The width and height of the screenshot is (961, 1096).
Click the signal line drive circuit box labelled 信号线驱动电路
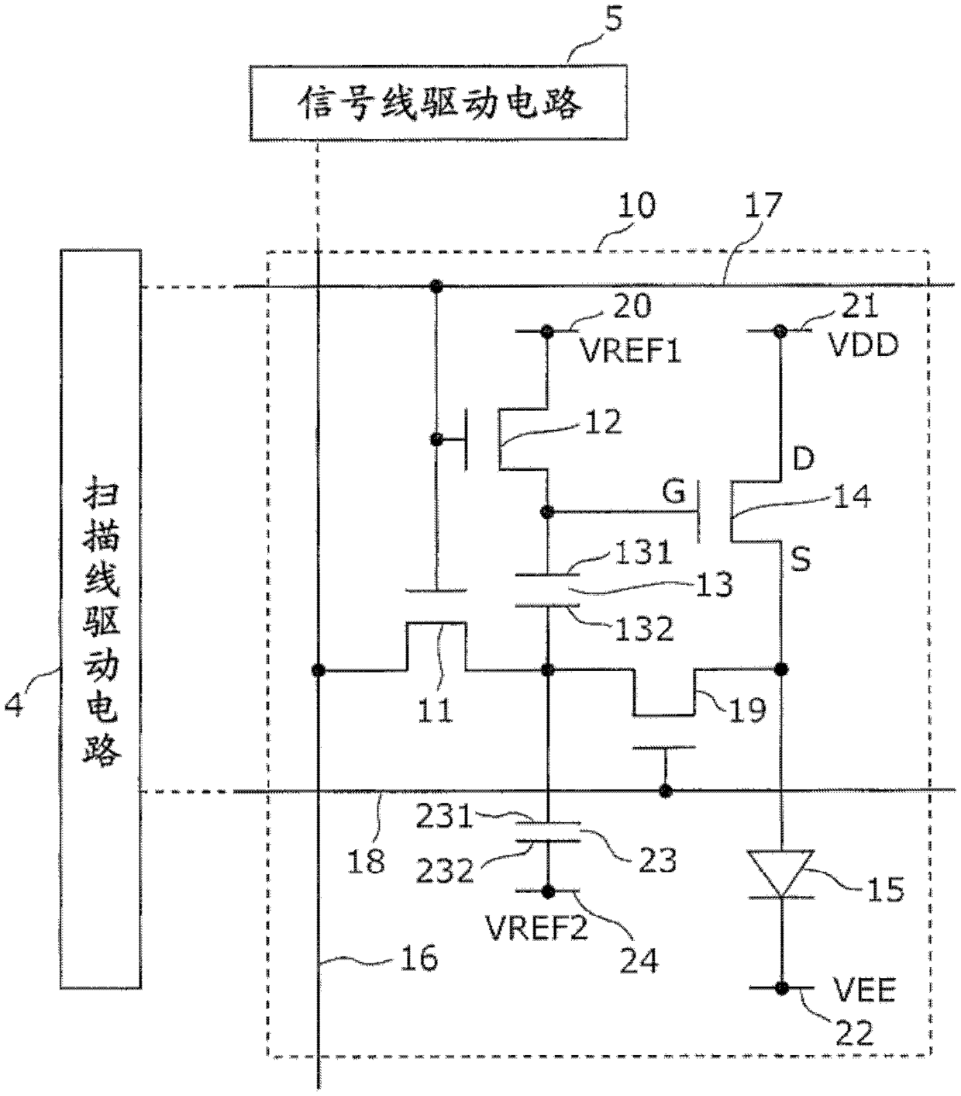[439, 102]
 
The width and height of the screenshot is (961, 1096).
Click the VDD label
[864, 345]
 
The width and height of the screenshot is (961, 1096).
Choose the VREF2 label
[536, 928]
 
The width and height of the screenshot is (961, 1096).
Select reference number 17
[763, 205]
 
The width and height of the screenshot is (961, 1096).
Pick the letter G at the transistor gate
[674, 493]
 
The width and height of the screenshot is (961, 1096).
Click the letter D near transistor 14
[803, 458]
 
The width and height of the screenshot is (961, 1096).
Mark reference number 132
[644, 629]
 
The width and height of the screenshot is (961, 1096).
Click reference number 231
[444, 816]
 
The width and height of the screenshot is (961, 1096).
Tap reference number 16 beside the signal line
[418, 959]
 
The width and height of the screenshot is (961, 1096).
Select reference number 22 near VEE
[855, 1034]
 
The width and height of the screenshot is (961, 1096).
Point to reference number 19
[748, 709]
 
